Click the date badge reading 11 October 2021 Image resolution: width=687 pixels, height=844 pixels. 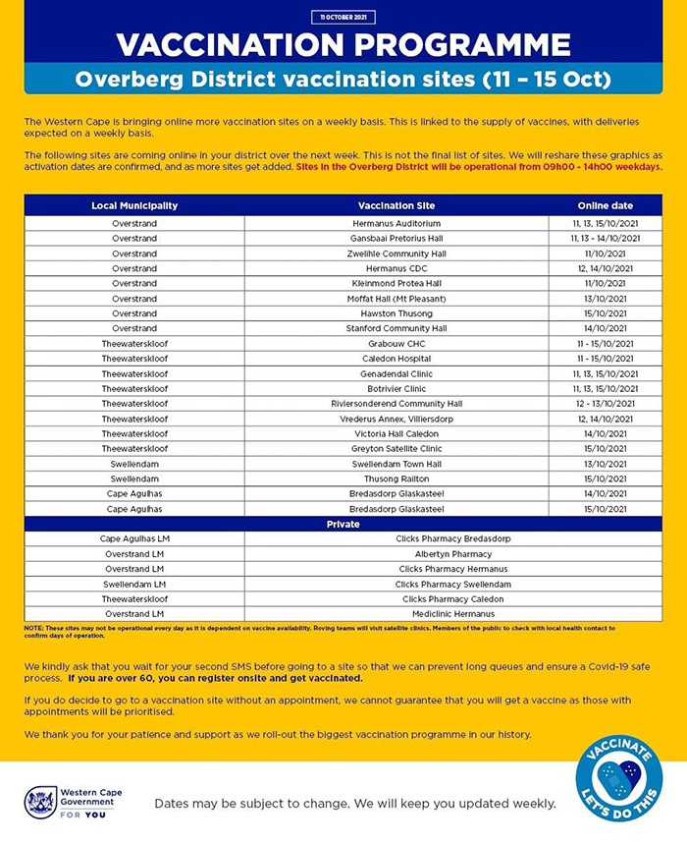click(343, 18)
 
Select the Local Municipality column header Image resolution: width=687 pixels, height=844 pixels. click(134, 205)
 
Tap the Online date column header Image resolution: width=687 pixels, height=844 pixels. click(605, 205)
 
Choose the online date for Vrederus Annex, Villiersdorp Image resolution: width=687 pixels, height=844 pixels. click(605, 419)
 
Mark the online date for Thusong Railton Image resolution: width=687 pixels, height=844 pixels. click(605, 478)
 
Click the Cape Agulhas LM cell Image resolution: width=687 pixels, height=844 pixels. click(134, 539)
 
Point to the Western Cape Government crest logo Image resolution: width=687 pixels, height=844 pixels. click(40, 801)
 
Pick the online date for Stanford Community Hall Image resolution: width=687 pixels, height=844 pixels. click(605, 328)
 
